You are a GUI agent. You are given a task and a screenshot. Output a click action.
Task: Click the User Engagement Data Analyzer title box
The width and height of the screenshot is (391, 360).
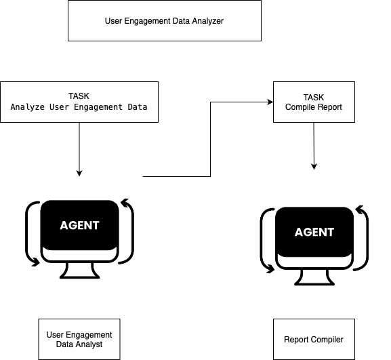point(164,20)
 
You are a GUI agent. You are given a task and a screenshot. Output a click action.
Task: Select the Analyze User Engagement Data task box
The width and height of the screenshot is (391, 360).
point(79,102)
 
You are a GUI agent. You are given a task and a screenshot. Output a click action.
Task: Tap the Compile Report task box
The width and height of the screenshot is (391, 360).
point(314,102)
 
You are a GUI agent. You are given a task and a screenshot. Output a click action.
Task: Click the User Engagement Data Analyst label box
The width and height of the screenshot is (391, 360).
point(79,340)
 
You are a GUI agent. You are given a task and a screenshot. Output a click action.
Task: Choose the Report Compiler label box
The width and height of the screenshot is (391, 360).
point(314,340)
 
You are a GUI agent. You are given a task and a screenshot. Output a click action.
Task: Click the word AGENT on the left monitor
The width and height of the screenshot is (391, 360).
point(79,226)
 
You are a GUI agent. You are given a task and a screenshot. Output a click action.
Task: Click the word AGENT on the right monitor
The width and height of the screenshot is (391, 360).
point(314,232)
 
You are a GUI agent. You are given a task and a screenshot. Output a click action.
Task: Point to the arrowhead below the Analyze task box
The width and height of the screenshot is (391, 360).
point(79,172)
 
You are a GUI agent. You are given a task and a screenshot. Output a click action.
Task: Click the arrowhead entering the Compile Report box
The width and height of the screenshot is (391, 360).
point(269,102)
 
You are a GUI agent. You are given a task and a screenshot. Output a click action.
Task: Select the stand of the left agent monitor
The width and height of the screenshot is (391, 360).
point(79,271)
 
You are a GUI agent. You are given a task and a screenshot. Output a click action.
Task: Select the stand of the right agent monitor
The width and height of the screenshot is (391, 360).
point(314,277)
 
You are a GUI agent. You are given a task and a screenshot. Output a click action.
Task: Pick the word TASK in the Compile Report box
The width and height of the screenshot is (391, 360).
point(314,96)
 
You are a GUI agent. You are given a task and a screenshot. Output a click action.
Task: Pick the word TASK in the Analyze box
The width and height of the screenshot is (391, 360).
point(79,96)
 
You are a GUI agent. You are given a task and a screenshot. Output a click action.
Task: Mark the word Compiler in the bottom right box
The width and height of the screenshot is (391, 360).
point(327,340)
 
